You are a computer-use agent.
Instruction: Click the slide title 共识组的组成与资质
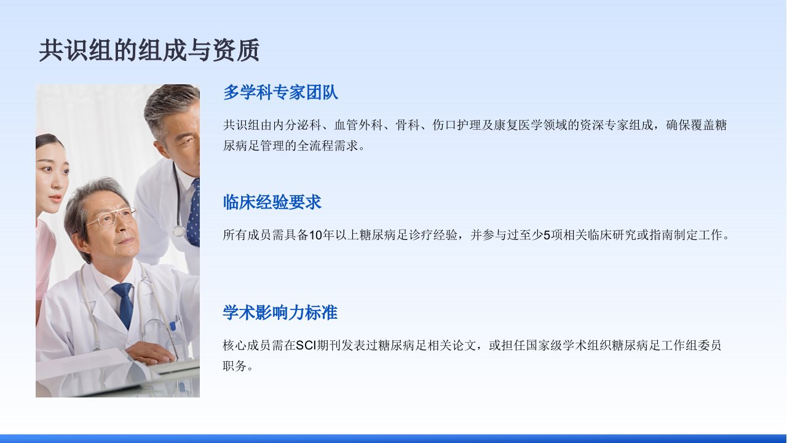point(149,50)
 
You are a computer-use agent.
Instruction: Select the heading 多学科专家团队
point(280,92)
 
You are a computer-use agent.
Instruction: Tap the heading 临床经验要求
point(272,202)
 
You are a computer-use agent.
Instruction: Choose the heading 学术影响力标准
point(280,313)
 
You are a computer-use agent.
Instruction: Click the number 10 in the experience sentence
point(315,235)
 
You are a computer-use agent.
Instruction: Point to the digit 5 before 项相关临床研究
point(547,235)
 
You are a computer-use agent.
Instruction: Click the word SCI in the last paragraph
point(306,346)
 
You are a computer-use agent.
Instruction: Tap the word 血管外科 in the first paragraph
point(358,125)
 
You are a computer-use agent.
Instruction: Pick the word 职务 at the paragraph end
point(235,366)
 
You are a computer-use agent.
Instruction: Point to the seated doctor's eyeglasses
point(112,217)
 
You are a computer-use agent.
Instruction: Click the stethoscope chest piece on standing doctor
point(178,231)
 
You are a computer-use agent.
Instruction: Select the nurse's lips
point(55,199)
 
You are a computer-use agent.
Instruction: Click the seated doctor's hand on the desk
point(151,353)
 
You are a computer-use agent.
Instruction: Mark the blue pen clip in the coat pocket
point(173,326)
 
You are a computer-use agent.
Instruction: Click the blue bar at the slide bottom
point(393,439)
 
